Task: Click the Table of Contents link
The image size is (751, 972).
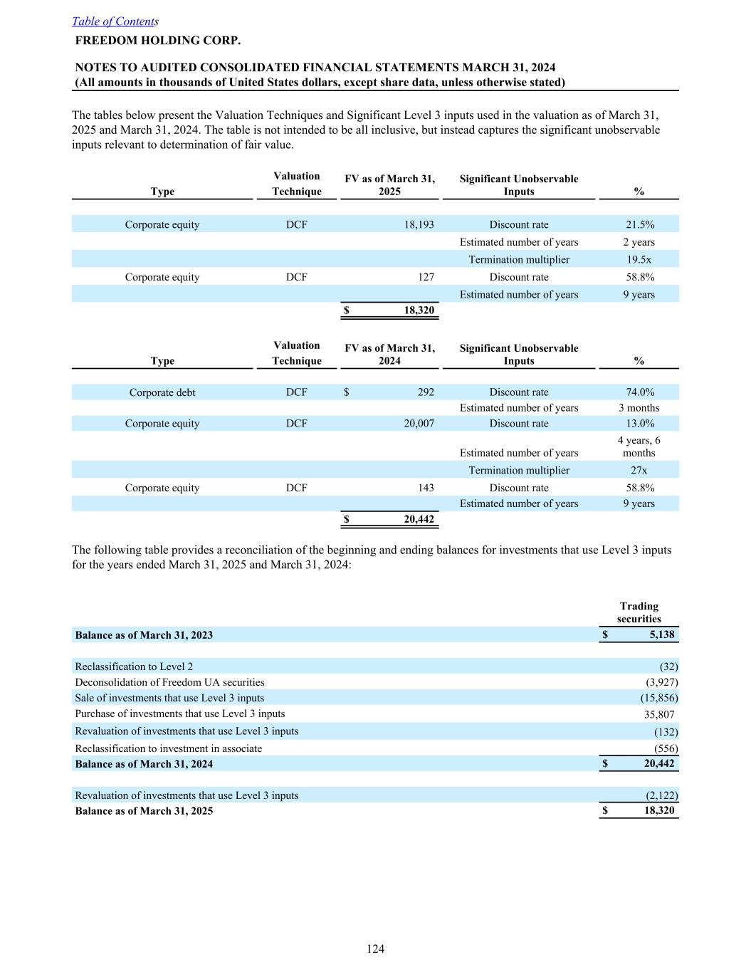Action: click(x=114, y=21)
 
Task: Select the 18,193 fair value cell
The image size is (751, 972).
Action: click(x=419, y=224)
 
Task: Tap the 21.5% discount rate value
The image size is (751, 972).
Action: click(x=639, y=224)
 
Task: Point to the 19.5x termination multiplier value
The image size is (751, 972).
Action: click(x=639, y=259)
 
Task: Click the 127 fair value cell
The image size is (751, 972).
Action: click(x=426, y=277)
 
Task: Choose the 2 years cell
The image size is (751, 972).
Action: click(x=639, y=242)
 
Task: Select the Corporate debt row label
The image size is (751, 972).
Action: click(x=162, y=392)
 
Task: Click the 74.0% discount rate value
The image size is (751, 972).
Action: click(x=639, y=392)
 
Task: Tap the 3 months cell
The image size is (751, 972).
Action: click(x=639, y=408)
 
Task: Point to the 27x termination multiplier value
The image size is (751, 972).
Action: click(x=639, y=470)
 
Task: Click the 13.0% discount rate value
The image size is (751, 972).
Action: click(x=639, y=424)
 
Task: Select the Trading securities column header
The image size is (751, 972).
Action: click(x=639, y=612)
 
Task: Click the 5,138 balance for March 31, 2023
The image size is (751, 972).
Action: click(x=661, y=634)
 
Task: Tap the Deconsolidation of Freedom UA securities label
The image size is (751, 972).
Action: click(x=169, y=682)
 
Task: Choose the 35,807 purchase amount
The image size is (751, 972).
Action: click(x=658, y=714)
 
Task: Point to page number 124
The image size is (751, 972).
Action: click(x=375, y=949)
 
